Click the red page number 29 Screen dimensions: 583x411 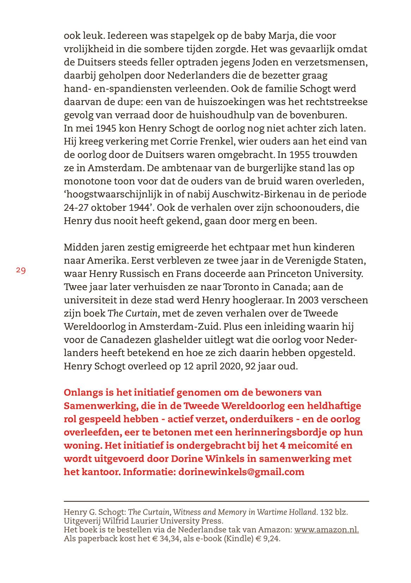21,270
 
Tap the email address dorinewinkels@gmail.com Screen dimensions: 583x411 241,472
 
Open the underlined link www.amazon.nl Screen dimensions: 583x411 326,530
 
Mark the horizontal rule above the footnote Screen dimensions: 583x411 216,501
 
